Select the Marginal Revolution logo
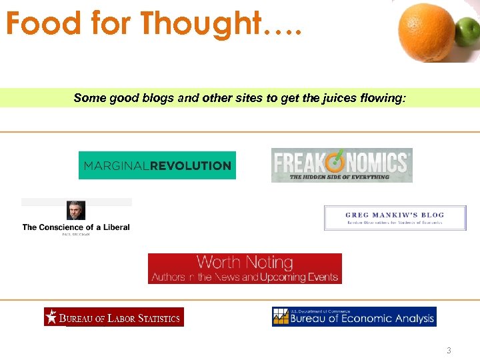coord(157,165)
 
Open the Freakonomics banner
coord(341,165)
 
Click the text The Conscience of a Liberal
coord(76,227)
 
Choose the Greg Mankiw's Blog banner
coord(395,218)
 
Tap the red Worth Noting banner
coord(245,269)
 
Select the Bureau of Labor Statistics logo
coord(114,317)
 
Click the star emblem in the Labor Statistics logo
coord(51,317)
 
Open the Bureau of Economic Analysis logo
coord(354,317)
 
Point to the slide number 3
coord(449,351)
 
